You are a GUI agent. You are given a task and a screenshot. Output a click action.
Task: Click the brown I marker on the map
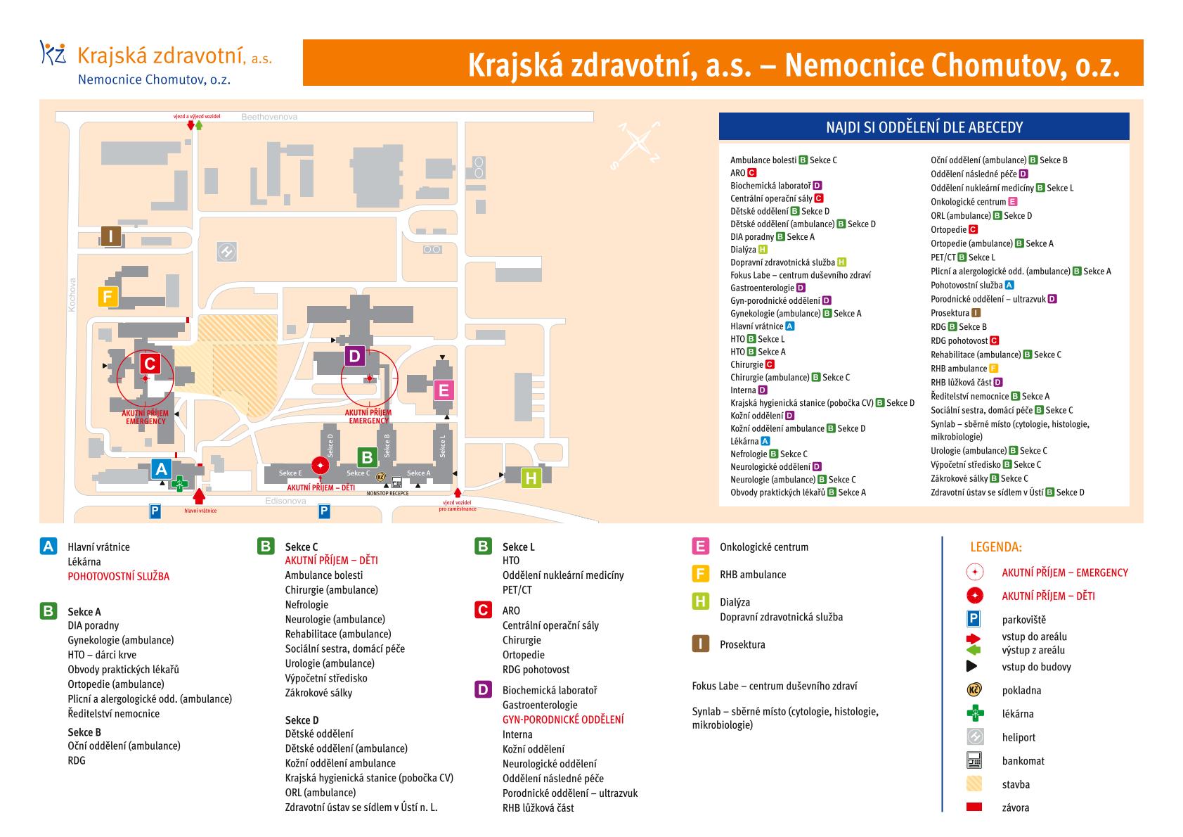point(111,236)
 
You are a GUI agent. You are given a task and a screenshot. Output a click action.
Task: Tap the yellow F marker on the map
point(108,296)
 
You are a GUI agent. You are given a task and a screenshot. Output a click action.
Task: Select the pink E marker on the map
point(444,390)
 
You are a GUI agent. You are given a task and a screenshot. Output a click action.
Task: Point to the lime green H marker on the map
point(531,478)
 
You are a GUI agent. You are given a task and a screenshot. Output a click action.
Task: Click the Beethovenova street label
point(269,117)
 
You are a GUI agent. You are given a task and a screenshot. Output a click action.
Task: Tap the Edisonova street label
point(285,500)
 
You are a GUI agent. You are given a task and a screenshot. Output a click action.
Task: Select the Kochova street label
point(72,295)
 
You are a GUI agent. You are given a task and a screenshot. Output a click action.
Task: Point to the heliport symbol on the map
point(226,252)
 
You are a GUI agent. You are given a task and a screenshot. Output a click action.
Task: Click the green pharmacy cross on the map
point(179,483)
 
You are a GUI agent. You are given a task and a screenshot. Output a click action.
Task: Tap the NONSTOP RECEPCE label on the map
point(387,493)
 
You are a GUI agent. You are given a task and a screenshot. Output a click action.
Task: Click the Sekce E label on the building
point(290,473)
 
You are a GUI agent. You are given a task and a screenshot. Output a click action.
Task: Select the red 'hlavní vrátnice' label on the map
point(201,511)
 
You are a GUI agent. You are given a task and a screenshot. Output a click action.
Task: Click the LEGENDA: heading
point(996,547)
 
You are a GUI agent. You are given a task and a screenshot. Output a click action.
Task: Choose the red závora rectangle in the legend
point(974,807)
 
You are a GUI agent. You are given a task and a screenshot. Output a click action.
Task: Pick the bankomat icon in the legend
point(974,760)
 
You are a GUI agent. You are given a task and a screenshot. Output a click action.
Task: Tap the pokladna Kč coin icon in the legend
point(974,689)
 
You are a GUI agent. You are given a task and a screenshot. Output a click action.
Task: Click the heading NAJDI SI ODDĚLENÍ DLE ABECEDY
point(924,127)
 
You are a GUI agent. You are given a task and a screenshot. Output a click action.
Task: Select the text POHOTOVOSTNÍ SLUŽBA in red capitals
point(118,577)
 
